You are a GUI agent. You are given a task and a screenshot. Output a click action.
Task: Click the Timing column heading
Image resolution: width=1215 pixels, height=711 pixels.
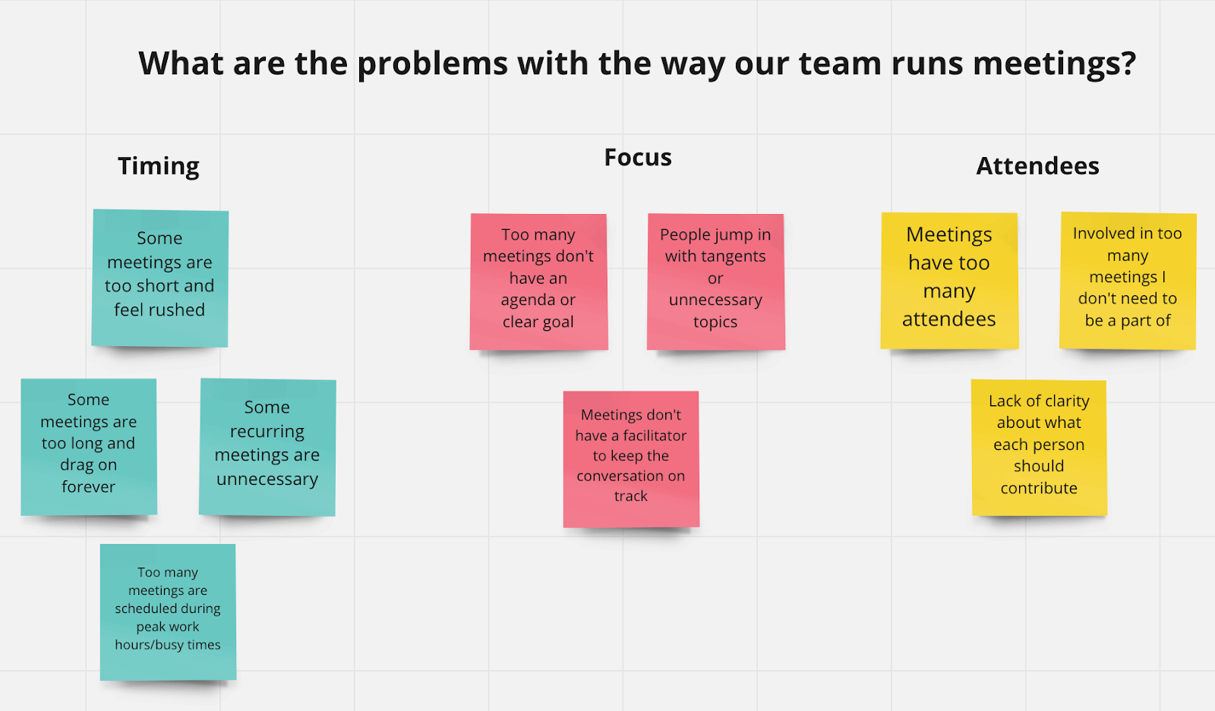[159, 166]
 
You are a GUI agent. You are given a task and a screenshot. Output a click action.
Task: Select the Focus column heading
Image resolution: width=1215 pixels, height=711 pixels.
[638, 158]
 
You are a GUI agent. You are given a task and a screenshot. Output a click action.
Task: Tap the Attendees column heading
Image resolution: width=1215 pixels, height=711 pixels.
[1037, 166]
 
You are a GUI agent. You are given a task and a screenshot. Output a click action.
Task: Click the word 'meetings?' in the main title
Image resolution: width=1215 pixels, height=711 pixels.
[1054, 64]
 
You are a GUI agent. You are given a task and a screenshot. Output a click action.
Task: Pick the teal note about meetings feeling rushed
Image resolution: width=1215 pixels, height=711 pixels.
[159, 278]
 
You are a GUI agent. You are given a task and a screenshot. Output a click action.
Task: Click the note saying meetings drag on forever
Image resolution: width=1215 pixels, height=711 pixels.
[89, 446]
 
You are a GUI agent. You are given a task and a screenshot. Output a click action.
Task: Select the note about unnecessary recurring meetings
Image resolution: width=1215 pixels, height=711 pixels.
[267, 447]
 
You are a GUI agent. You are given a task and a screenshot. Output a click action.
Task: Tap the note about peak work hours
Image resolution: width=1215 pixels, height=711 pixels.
[168, 611]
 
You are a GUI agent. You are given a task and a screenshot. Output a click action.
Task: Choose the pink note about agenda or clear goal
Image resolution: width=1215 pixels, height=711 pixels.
[538, 282]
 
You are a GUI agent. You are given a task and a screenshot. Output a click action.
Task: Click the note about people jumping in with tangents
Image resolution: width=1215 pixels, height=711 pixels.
[715, 282]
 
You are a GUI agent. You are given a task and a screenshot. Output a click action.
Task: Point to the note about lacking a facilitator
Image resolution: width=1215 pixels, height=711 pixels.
[631, 458]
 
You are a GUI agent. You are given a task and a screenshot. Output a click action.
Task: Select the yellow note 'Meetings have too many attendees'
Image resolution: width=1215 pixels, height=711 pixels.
[949, 280]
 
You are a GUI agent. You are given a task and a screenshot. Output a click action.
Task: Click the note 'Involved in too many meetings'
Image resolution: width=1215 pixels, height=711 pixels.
[1128, 280]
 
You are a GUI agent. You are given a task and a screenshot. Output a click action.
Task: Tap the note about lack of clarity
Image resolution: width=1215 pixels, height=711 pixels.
[1039, 447]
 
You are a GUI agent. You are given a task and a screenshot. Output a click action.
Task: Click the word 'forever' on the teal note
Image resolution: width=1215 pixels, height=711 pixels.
[89, 487]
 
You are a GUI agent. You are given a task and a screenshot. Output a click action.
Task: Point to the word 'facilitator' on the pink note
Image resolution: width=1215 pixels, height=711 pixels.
[654, 436]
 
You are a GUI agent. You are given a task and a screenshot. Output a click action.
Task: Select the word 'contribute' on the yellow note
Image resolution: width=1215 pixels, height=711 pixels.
[1039, 489]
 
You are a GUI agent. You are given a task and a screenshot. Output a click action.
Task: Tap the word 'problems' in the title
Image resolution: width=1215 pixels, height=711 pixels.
[432, 64]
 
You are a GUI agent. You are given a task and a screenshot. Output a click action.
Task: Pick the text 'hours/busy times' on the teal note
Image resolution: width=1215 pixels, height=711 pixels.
[168, 645]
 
